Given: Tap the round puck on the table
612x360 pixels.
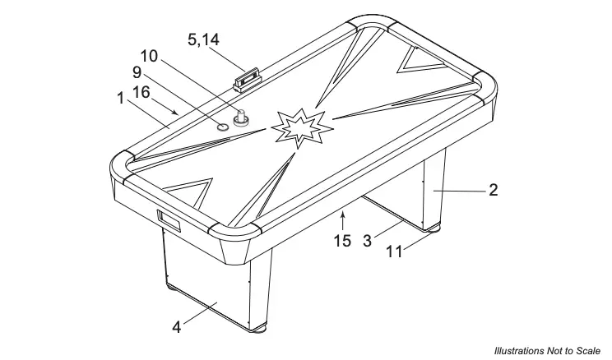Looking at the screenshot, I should [222, 127].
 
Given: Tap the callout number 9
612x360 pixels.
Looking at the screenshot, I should [137, 72].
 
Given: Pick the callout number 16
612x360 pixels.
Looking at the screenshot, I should [141, 93].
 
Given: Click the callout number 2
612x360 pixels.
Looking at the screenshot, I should [494, 190].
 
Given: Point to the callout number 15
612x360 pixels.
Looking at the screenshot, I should [343, 241].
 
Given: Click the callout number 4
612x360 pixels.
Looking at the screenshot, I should [176, 326].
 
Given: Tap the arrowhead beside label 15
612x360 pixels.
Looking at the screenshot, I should [344, 216].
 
